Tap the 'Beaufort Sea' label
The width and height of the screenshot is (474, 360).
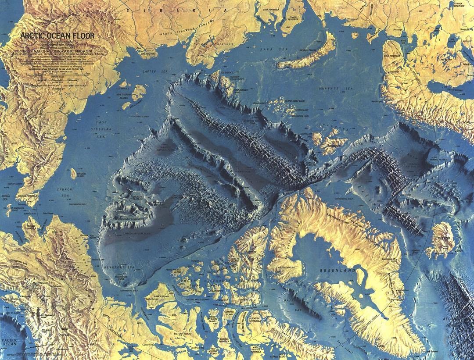point(101,267)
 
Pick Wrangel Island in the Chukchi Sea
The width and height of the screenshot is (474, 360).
point(73,173)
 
